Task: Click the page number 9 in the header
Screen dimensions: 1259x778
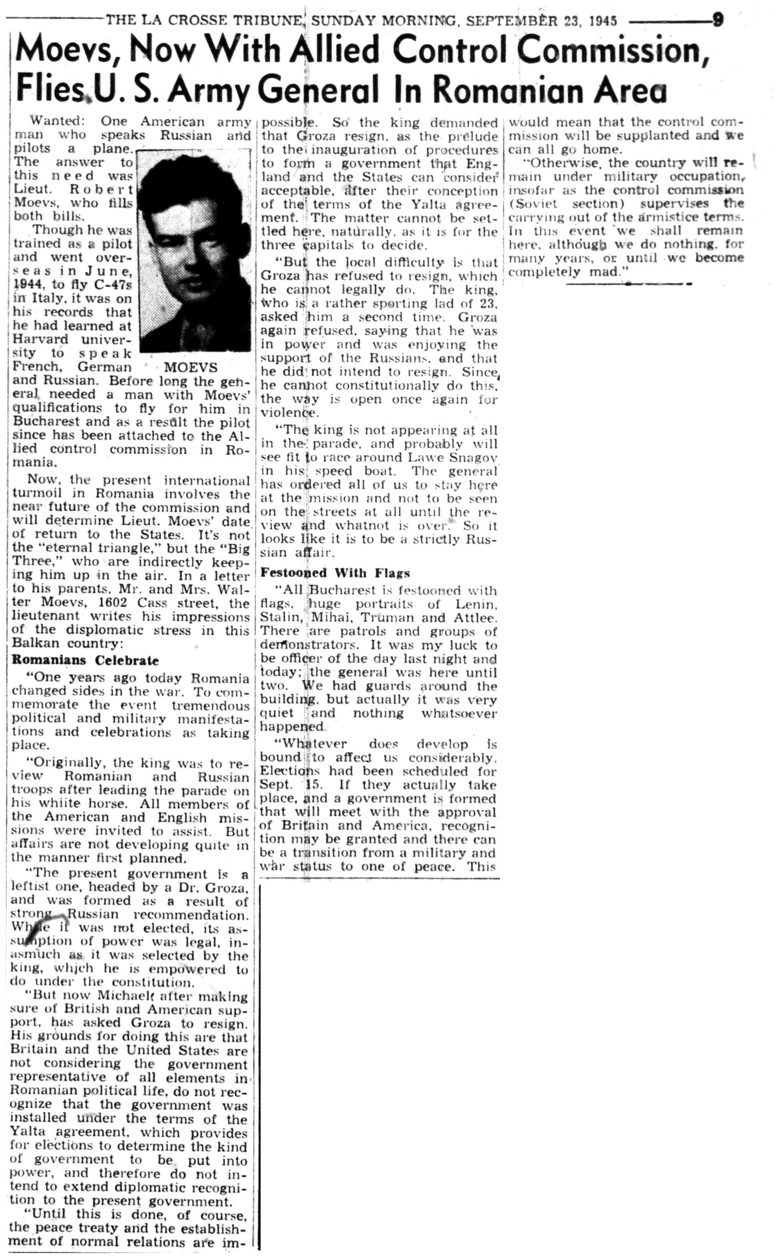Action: [718, 20]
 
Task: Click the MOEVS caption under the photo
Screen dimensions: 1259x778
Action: [190, 368]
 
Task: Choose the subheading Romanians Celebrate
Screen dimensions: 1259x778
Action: [86, 660]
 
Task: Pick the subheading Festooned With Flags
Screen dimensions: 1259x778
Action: [335, 573]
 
